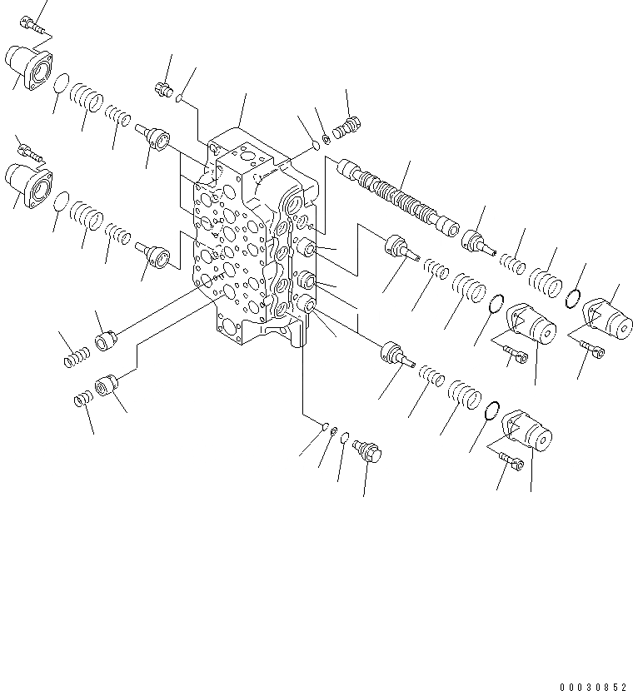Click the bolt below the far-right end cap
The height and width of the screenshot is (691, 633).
click(x=592, y=350)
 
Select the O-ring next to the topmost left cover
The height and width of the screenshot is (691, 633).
click(x=61, y=84)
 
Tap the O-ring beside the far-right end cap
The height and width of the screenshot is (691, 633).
click(x=573, y=296)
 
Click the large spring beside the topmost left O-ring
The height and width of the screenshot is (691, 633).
click(x=86, y=98)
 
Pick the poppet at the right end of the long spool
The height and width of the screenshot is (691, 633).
click(x=478, y=241)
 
